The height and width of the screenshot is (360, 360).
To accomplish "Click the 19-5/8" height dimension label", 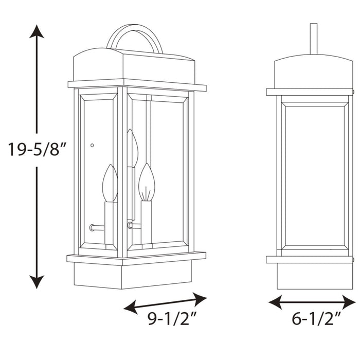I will point(37,150).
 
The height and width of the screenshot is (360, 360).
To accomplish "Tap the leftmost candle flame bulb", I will point(110,184).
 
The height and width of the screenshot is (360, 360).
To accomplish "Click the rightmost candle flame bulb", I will point(147,183).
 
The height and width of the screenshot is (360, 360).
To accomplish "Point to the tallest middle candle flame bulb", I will point(133,149).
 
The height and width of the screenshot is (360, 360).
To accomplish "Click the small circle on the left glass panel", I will point(92,146).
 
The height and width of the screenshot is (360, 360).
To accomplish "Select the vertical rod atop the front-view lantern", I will point(313,39).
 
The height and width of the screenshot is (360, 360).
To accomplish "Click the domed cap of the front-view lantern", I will point(313,72).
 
